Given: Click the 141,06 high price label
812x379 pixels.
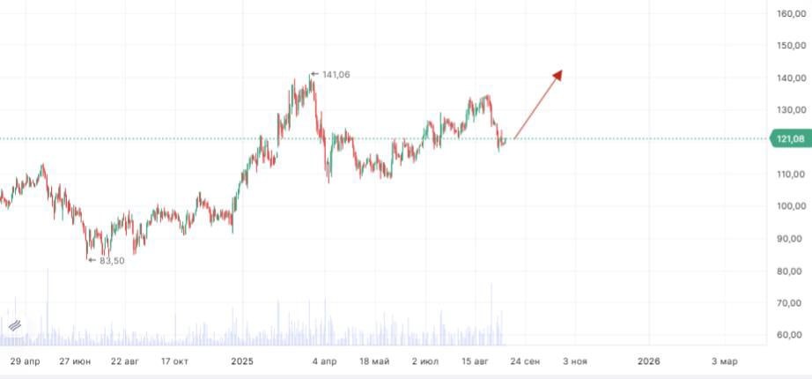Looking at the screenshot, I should tap(336, 75).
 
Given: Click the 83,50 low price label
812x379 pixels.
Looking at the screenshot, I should tap(112, 260).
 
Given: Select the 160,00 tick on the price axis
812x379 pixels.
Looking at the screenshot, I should tap(787, 13).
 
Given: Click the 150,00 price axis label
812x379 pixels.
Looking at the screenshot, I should tap(787, 46).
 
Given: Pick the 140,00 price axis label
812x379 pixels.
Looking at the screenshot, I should tap(787, 78).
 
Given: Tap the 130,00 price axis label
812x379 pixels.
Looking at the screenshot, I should tap(787, 110).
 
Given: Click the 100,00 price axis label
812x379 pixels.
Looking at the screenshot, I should tap(787, 206).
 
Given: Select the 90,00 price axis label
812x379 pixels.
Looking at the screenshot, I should tap(787, 239).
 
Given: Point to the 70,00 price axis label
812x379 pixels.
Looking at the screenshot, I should tap(787, 303).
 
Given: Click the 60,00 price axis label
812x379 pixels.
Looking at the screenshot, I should tap(787, 335).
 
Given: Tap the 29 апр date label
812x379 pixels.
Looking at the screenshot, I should tap(26, 361).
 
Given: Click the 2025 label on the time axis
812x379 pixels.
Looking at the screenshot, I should tap(242, 361).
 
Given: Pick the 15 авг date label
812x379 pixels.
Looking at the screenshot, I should tap(475, 361).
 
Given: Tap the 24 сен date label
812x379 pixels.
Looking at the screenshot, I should tap(525, 361).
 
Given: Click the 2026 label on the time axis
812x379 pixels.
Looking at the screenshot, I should tap(649, 361).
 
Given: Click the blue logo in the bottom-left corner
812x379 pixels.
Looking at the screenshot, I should tap(14, 326).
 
